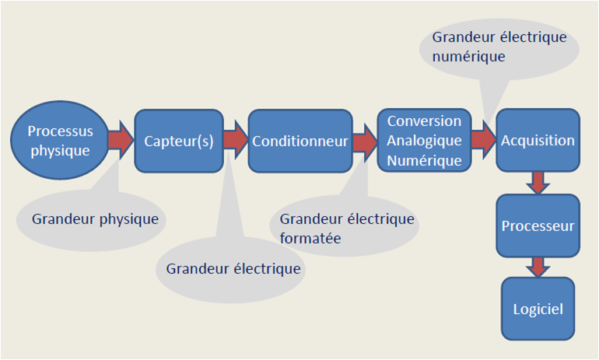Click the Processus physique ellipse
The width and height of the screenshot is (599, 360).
(59, 140)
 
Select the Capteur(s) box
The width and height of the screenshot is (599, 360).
(179, 141)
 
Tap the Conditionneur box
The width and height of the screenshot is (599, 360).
(299, 141)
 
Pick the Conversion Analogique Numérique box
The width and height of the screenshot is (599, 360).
(424, 141)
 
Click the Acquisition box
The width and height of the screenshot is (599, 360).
(538, 141)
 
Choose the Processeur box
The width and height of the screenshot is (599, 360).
(538, 227)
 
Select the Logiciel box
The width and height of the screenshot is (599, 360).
(538, 309)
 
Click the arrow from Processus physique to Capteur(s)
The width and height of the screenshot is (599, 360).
(121, 141)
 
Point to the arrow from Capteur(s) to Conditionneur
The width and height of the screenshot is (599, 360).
(235, 141)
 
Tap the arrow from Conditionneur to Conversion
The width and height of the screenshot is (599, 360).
(363, 142)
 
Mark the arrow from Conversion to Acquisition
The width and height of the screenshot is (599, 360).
(483, 141)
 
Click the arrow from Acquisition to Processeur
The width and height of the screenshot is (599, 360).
(538, 183)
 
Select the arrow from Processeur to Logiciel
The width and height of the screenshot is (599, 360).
(538, 267)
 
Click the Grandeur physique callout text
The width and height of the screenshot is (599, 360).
(95, 219)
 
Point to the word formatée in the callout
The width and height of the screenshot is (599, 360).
(310, 238)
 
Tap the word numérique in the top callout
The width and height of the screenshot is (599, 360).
(469, 57)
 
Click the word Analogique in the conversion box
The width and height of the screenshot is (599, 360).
(424, 141)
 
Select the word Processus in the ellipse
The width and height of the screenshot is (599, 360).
(59, 131)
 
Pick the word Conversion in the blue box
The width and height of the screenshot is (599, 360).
(424, 121)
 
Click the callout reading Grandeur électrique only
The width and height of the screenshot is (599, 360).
(233, 269)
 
